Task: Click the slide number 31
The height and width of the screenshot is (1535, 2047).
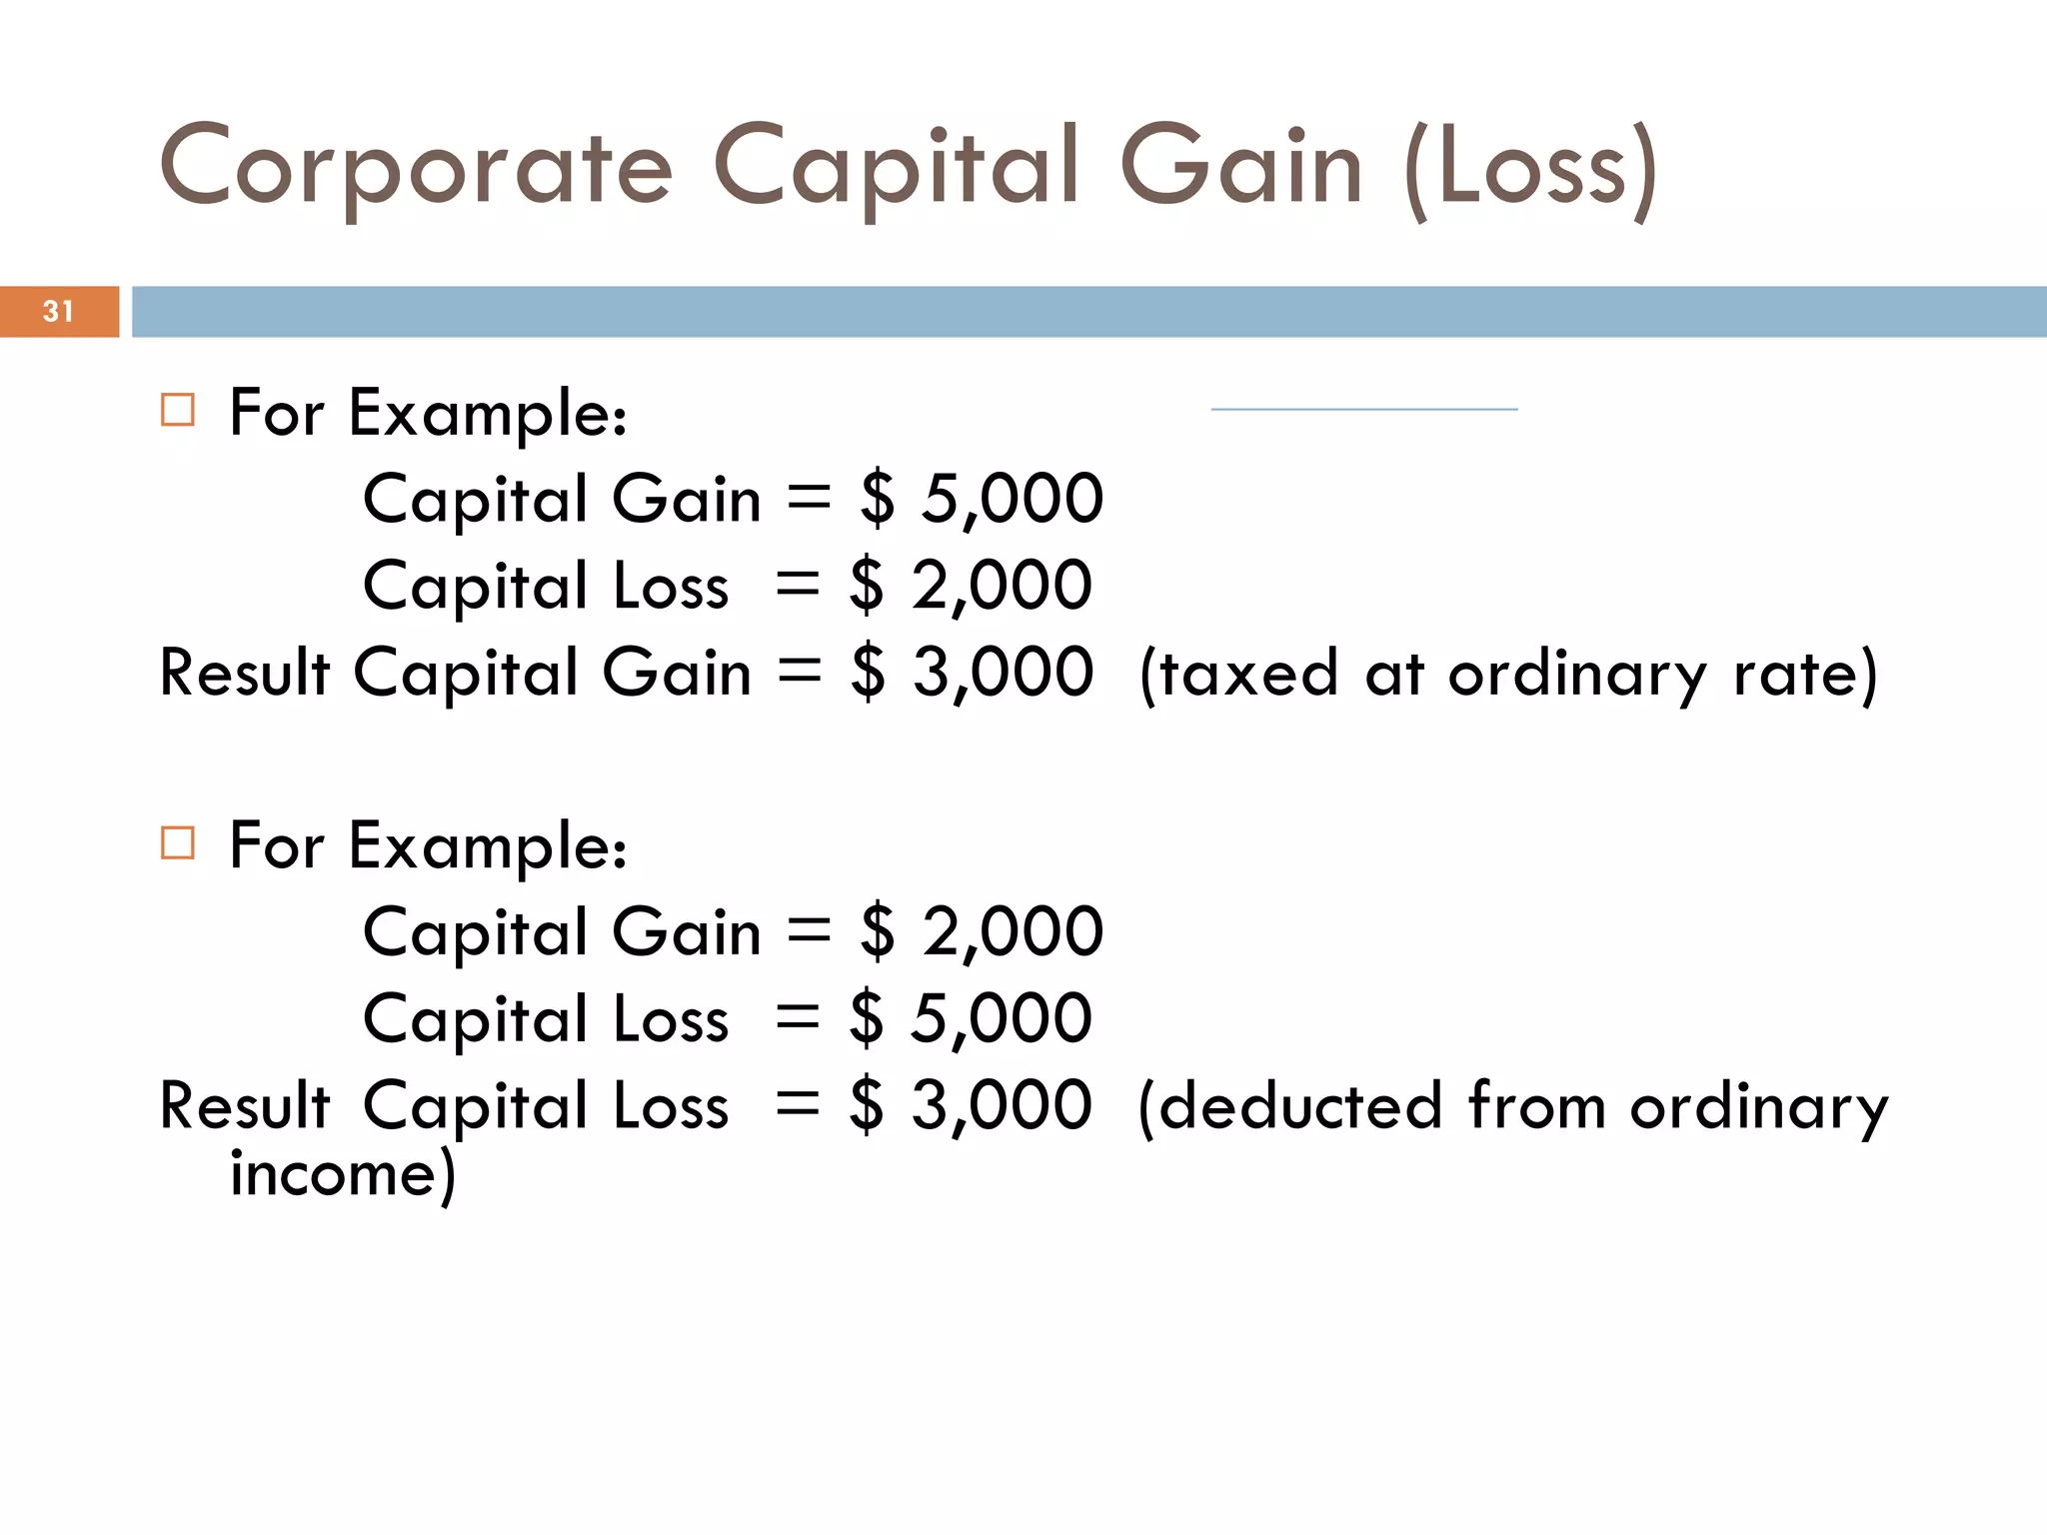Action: click(58, 312)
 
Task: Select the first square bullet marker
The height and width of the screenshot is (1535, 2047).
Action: click(178, 410)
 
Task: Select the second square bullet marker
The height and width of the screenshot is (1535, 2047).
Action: click(178, 842)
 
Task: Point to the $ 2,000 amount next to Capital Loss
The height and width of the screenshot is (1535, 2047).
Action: click(971, 585)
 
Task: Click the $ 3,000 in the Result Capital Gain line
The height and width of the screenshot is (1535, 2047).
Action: click(973, 672)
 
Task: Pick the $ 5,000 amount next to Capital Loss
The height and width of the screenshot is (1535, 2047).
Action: click(971, 1018)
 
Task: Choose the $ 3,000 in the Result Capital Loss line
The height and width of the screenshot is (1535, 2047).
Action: click(971, 1105)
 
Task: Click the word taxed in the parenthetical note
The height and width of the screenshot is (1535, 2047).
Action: click(1239, 674)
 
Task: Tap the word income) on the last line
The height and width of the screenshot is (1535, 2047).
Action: click(343, 1174)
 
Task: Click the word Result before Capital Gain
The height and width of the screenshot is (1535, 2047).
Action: click(245, 672)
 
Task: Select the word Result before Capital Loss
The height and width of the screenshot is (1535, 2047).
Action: click(245, 1106)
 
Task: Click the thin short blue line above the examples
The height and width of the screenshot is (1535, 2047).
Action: click(1364, 409)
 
